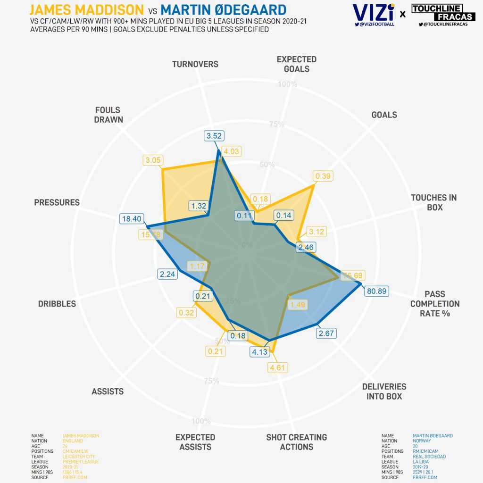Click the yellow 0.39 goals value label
click(323, 176)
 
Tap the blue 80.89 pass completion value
click(376, 291)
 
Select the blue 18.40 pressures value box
click(131, 218)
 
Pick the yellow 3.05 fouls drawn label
click(153, 160)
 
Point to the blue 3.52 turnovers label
click(214, 136)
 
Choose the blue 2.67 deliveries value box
click(326, 333)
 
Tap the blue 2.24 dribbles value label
click(168, 274)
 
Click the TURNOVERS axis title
click(195, 64)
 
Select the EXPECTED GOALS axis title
click(297, 64)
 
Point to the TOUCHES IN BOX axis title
click(434, 202)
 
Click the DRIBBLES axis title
click(57, 304)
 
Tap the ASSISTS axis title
click(108, 391)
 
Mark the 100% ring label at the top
click(288, 84)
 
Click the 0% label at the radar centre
click(247, 245)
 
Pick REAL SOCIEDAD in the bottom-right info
click(429, 457)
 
